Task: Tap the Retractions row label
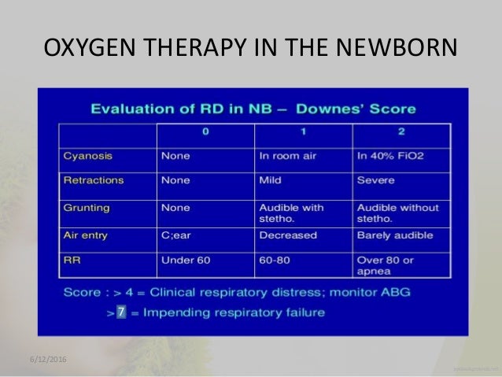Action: (94, 180)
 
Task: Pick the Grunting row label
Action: (87, 208)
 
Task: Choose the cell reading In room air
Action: (288, 156)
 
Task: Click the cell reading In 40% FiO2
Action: (390, 156)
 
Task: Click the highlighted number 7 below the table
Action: (121, 312)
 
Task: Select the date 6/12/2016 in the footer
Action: (45, 360)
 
